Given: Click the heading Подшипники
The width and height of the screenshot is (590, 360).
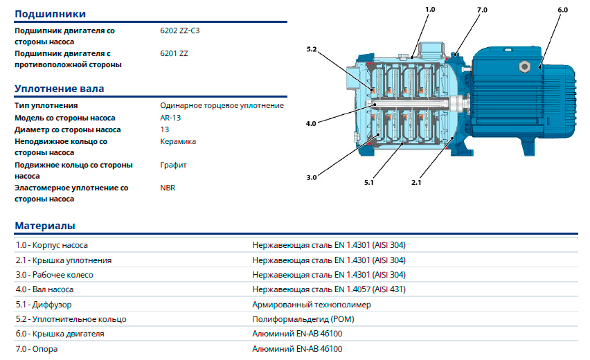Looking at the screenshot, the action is point(50,14).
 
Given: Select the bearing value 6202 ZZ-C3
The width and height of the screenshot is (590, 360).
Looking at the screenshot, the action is point(180,30).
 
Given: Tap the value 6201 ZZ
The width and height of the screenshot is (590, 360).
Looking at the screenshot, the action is point(174,53).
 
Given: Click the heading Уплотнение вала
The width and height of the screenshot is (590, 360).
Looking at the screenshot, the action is point(59,89).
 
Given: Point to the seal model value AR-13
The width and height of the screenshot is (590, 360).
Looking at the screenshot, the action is point(170,118).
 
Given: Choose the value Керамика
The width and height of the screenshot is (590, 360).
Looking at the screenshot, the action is point(178,141).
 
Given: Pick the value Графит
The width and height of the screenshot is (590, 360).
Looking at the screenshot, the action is point(173,165).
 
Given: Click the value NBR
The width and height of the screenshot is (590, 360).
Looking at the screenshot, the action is point(168,188).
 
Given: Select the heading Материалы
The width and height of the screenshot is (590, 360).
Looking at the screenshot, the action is point(45,226).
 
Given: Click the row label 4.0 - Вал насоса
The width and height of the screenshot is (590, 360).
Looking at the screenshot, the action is point(44,289).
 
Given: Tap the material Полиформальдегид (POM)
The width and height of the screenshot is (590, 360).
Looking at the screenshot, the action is point(303,319).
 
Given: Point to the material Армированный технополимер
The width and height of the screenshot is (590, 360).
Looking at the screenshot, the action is point(312,305).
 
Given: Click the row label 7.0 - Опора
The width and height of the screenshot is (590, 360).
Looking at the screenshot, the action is point(37,349).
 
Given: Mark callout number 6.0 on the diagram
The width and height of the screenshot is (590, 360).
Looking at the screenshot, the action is point(562,10).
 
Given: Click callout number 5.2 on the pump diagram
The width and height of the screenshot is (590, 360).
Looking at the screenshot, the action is point(312,49).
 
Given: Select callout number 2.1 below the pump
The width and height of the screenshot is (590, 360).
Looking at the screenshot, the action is point(416,183).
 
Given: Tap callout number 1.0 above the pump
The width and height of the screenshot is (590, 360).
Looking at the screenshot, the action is point(430,10).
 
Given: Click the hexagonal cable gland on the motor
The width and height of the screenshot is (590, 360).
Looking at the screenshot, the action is point(524,67).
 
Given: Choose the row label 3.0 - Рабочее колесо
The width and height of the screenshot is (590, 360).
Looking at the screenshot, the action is point(54,275).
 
